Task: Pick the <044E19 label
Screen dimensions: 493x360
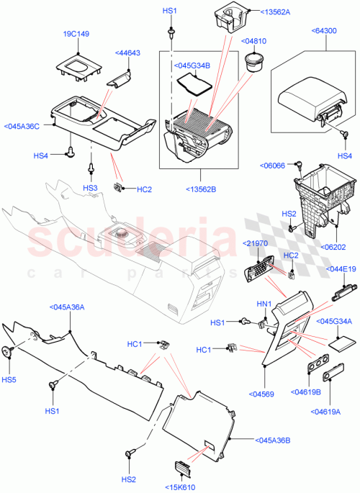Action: (x=341, y=269)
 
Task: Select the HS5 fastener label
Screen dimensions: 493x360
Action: (x=9, y=379)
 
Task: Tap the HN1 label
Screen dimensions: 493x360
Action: (x=264, y=304)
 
